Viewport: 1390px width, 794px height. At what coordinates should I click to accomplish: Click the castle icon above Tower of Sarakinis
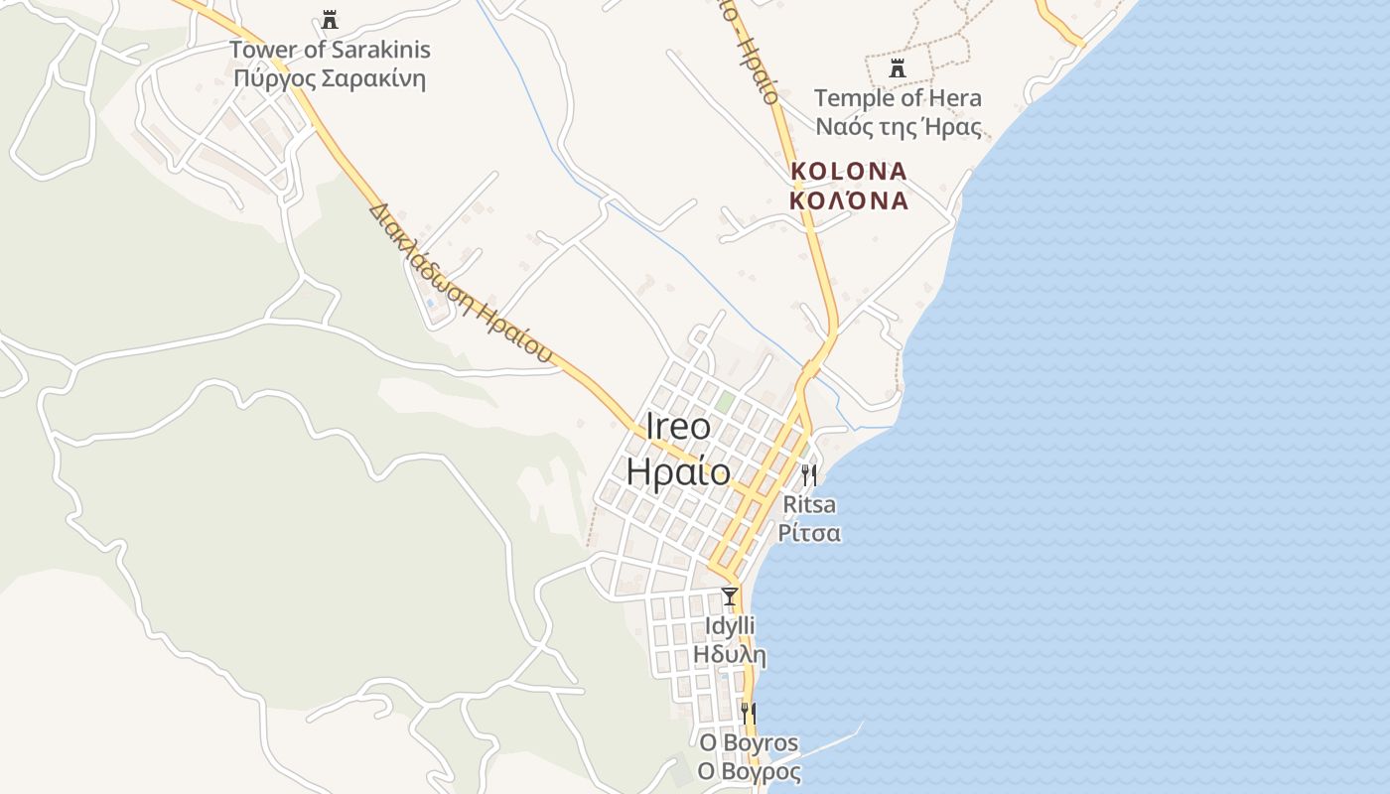point(330,19)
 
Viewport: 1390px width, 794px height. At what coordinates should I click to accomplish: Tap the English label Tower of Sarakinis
point(330,49)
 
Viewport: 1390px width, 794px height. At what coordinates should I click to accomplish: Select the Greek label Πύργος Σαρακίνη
point(330,78)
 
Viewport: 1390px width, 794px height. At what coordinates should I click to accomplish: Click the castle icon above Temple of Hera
point(898,67)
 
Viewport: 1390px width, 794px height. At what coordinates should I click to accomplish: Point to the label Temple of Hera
point(898,97)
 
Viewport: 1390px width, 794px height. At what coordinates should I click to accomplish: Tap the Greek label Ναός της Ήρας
point(898,127)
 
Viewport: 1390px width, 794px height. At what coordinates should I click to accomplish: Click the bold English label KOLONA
point(849,171)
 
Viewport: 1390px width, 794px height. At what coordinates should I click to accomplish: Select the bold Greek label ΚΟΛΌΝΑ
point(849,200)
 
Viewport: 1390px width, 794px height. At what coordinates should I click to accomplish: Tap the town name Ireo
point(678,427)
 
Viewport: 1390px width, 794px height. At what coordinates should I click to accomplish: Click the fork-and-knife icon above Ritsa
point(809,474)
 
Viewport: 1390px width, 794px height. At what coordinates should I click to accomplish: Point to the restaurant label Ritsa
point(809,504)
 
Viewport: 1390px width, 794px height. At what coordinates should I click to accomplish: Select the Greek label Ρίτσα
point(809,533)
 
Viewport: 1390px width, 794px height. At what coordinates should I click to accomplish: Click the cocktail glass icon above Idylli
point(730,595)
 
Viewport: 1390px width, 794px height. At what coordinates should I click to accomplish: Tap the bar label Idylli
point(730,626)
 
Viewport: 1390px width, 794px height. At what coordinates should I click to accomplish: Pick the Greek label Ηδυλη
point(730,655)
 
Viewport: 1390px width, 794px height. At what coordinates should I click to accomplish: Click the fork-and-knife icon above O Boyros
point(749,713)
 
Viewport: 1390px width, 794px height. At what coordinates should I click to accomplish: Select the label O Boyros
point(749,743)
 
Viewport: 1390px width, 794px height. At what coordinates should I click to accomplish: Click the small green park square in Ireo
point(726,403)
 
